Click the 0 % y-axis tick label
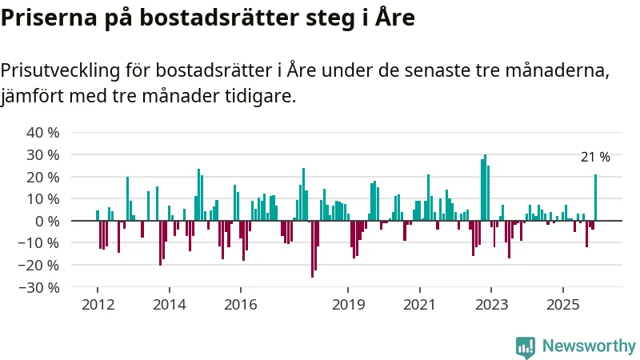pyautogui.click(x=46, y=221)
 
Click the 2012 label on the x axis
pyautogui.click(x=98, y=305)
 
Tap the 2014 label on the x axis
pyautogui.click(x=169, y=305)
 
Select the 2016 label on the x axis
pyautogui.click(x=240, y=305)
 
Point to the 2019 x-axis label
pyautogui.click(x=347, y=305)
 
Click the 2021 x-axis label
pyautogui.click(x=419, y=305)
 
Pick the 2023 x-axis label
pyautogui.click(x=490, y=305)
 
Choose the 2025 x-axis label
pyautogui.click(x=562, y=305)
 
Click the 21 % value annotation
pyautogui.click(x=595, y=158)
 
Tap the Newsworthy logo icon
pyautogui.click(x=526, y=346)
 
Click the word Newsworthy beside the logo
pyautogui.click(x=589, y=346)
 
